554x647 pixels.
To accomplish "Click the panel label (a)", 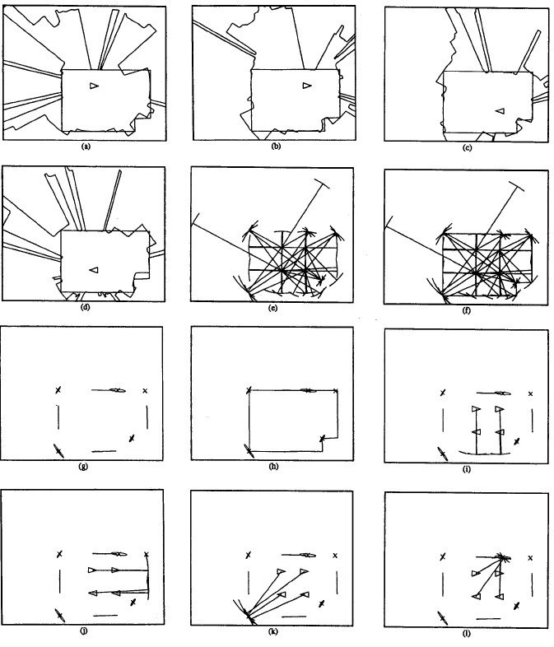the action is pos(86,146).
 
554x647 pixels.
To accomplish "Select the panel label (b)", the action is pos(276,146).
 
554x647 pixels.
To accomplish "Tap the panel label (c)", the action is pos(468,147).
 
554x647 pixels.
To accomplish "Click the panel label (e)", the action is pos(272,307).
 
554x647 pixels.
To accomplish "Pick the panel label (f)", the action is pos(467,310).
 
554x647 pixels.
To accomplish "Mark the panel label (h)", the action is pos(273,466).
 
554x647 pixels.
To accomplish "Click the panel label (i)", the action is pos(467,468).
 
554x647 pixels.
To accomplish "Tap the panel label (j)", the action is pos(84,630).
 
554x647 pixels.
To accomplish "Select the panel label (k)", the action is pos(272,631).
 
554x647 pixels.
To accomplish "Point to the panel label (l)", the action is pos(467,633).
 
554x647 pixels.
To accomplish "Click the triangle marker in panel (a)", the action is pos(94,86).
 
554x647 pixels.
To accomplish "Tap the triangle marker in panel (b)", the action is pos(306,86).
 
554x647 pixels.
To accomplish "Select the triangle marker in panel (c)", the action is pos(500,111).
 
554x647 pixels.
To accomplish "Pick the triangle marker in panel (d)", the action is pos(94,270).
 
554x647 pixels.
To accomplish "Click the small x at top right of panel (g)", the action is pos(145,390).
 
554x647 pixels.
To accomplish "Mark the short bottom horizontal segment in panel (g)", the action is pos(104,451).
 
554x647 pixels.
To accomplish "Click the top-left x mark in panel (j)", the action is pos(60,554).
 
